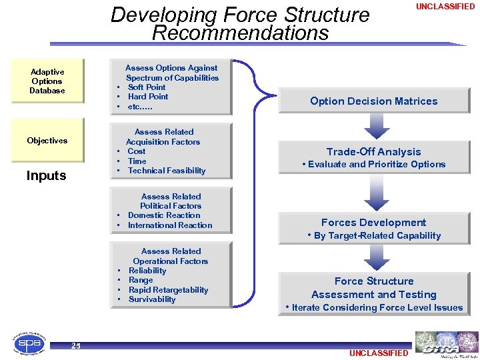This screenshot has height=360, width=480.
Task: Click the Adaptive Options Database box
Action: click(x=47, y=81)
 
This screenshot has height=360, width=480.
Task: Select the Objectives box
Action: click(x=47, y=141)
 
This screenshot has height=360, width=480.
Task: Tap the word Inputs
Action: click(x=47, y=176)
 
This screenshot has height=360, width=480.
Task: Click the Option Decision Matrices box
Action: click(x=373, y=101)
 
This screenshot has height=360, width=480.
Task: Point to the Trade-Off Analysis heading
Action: click(x=373, y=152)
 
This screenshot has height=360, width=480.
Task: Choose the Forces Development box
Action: click(x=373, y=223)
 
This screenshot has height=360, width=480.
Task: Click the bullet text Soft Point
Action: click(x=147, y=87)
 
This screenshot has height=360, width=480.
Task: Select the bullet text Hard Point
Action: click(x=148, y=97)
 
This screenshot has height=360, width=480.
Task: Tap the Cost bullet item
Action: click(x=137, y=151)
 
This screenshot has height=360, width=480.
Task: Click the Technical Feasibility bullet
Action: click(x=167, y=171)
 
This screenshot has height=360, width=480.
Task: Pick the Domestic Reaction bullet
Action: click(x=164, y=215)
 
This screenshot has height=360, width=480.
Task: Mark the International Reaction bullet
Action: click(x=170, y=225)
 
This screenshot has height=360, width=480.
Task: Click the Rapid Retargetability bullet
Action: click(x=168, y=290)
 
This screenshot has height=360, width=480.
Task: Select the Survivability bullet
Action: click(x=152, y=299)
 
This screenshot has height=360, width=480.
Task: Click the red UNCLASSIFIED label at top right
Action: click(x=445, y=7)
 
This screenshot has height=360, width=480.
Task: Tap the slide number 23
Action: click(x=75, y=345)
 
